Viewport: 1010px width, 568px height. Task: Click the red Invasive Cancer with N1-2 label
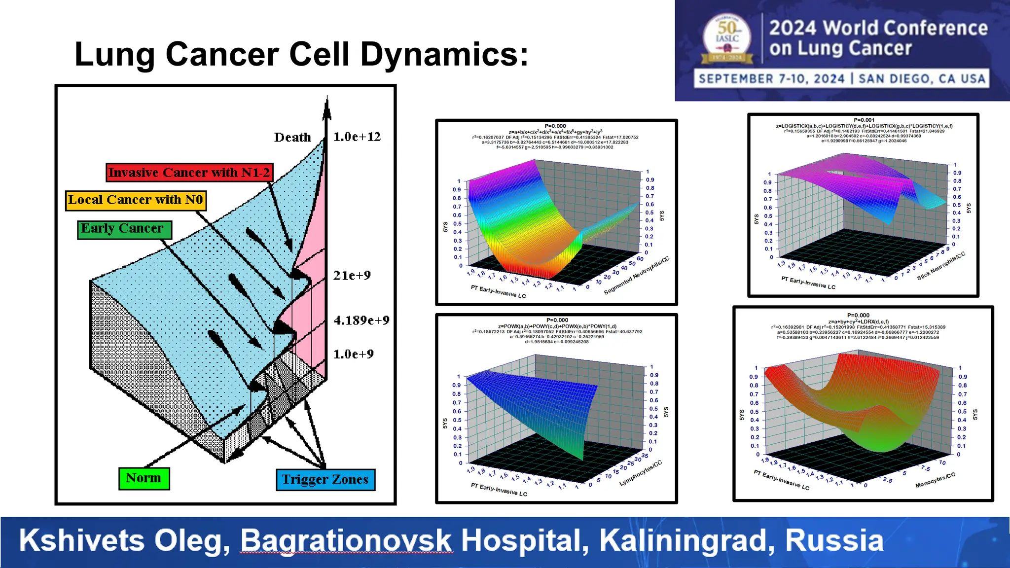189,173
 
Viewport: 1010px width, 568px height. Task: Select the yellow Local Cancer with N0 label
136,200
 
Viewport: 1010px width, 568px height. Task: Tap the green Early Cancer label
124,229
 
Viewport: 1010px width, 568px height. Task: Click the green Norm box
144,478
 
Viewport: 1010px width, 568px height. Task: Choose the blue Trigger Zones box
325,479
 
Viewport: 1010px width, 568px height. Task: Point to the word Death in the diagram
292,137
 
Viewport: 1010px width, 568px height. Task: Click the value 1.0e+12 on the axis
357,137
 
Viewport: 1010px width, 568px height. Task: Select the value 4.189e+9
361,320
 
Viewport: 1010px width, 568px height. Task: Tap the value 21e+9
352,275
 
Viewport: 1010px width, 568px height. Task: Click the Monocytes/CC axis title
935,480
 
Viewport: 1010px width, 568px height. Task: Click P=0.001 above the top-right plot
864,120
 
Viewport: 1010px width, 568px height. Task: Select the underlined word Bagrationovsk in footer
346,540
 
